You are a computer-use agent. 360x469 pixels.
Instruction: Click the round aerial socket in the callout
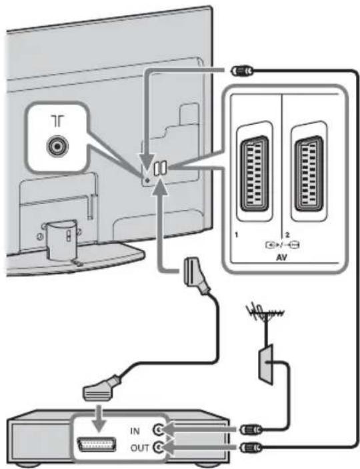tap(57, 147)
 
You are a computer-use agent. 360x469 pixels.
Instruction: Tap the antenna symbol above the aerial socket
tap(58, 121)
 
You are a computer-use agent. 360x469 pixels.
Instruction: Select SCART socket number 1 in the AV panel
tap(255, 173)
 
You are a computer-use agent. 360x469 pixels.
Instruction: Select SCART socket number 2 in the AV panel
tap(309, 173)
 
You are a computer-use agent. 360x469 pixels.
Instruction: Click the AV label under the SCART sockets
tap(281, 257)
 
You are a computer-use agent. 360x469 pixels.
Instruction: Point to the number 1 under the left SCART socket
tap(237, 235)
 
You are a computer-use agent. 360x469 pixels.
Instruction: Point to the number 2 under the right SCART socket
tap(287, 235)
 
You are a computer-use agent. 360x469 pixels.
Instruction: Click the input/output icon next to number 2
tap(283, 245)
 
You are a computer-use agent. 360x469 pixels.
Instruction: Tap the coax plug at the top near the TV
tap(242, 71)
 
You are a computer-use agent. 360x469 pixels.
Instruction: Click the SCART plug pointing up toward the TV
tap(196, 276)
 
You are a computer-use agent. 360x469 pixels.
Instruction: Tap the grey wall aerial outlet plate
tap(266, 364)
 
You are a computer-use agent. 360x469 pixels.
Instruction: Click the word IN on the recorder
tap(135, 431)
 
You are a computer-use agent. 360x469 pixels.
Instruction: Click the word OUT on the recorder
tap(139, 448)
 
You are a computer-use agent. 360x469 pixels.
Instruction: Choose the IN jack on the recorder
tap(158, 430)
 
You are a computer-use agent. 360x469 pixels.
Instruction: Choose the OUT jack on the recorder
tap(158, 448)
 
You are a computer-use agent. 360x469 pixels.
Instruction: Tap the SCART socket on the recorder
tap(97, 444)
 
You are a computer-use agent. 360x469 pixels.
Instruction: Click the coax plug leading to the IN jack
tap(251, 430)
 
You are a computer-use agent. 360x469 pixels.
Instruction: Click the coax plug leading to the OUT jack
tap(251, 448)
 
